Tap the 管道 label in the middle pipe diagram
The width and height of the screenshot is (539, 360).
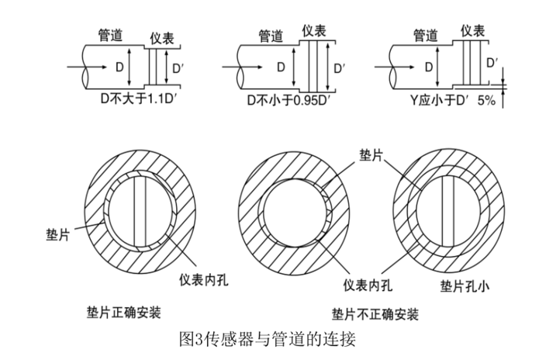point(271,36)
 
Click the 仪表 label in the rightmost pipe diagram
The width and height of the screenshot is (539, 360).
point(474,30)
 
